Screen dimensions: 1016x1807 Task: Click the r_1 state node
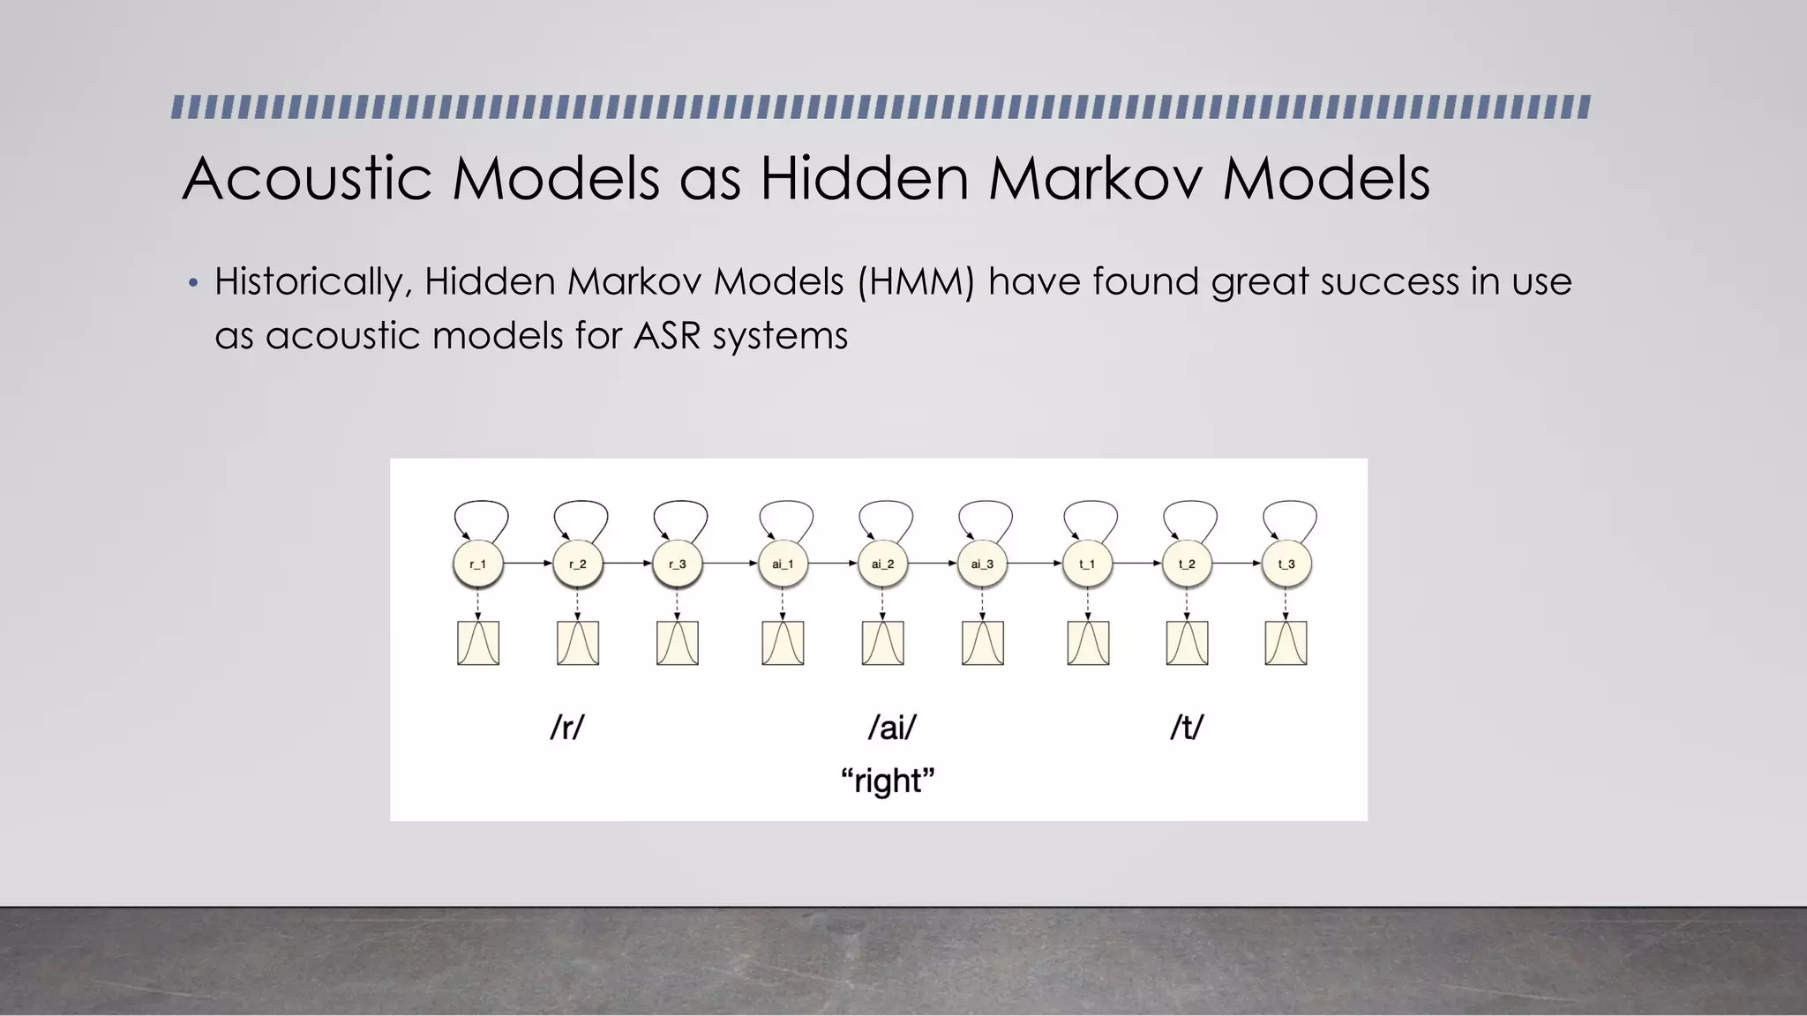click(477, 564)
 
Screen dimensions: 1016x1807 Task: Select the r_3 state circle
click(677, 564)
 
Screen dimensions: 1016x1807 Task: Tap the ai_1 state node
click(783, 564)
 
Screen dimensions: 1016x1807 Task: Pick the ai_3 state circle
click(982, 564)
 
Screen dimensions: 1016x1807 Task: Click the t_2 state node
click(1187, 564)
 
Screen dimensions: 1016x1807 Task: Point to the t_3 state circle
click(1286, 564)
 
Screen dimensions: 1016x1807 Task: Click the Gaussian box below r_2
click(578, 643)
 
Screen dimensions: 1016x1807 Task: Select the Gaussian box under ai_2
click(882, 643)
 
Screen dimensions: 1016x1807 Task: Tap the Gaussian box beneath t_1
click(1088, 643)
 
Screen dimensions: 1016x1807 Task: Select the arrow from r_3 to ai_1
click(730, 563)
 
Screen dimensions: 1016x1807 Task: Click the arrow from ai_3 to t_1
click(1034, 563)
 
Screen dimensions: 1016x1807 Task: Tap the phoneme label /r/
click(567, 728)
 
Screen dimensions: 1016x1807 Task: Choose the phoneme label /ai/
click(892, 728)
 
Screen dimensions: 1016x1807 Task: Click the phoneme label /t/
click(1187, 728)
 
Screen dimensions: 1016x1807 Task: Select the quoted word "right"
click(888, 781)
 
